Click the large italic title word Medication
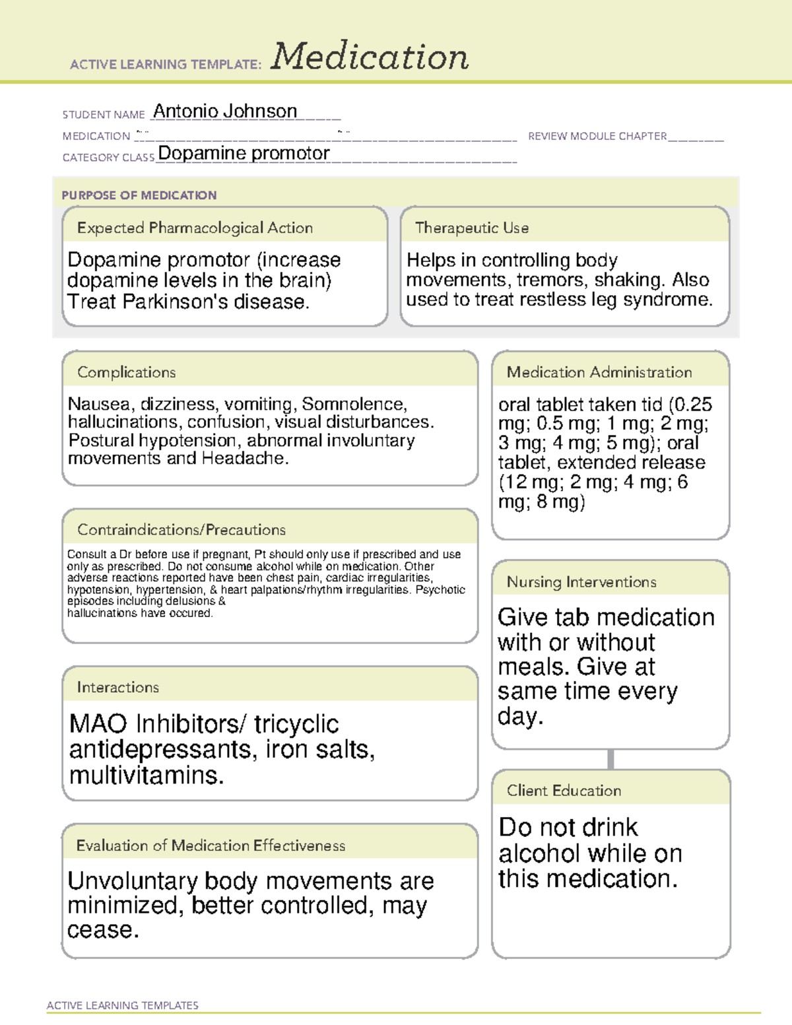point(370,57)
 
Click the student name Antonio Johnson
point(225,112)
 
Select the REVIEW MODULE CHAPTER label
point(597,136)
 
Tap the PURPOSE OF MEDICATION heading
point(139,195)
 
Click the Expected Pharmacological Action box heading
point(195,228)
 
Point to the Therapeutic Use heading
point(471,228)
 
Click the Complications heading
point(126,372)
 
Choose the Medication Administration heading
point(599,372)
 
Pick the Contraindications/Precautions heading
point(181,529)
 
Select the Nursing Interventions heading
point(581,582)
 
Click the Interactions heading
point(117,687)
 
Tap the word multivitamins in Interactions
point(146,775)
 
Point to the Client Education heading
point(564,791)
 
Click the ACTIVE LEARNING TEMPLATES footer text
point(122,1005)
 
